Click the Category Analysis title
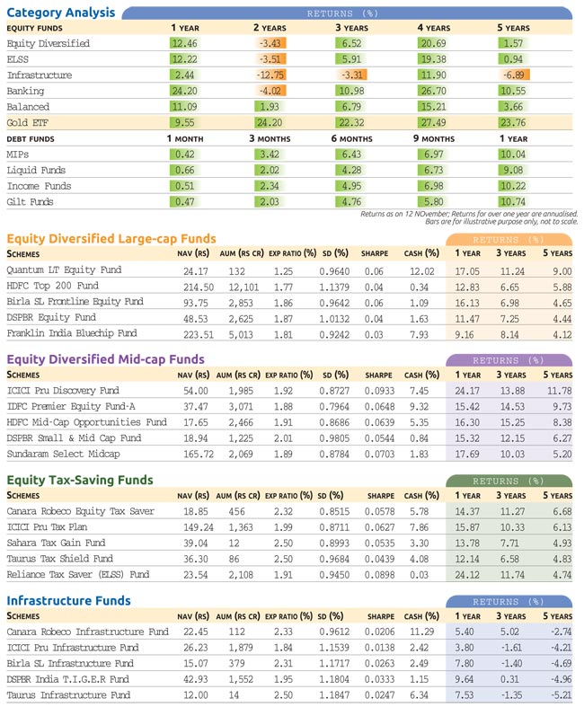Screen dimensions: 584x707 (61, 13)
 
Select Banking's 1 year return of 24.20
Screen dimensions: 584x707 (184, 91)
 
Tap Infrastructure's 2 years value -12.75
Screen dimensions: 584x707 (270, 75)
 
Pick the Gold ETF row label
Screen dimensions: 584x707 (28, 123)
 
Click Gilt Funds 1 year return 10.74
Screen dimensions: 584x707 (513, 202)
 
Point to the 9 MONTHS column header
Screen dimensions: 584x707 (434, 139)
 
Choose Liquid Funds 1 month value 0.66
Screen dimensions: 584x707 (184, 171)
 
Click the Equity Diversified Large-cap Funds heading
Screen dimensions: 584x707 (111, 239)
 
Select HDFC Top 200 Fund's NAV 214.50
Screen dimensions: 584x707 (199, 287)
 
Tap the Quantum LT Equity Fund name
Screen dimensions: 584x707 (64, 270)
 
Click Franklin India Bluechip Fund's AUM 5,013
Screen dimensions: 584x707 (241, 334)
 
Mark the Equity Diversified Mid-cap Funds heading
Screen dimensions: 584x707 (105, 359)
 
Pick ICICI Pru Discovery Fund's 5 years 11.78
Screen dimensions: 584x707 (559, 391)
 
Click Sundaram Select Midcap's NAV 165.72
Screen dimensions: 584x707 (199, 454)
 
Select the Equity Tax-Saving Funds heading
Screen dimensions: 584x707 (80, 480)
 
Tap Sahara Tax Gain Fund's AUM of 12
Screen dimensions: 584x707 (234, 544)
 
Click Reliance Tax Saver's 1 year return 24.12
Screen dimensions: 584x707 (467, 575)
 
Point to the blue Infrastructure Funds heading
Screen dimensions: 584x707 (68, 601)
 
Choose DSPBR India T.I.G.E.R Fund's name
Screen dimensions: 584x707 (68, 679)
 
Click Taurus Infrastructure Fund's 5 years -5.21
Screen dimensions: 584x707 (561, 695)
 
